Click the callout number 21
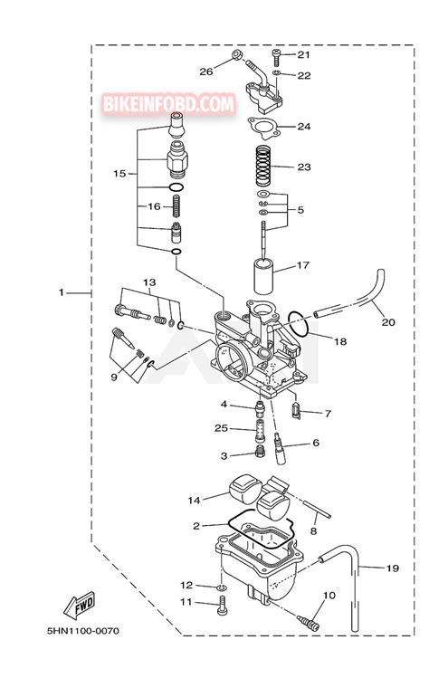303,54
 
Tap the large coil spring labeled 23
266,166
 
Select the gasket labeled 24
263,128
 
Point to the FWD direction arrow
79,604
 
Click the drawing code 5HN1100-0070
82,631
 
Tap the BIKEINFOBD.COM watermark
169,104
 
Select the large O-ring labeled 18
299,324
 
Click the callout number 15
119,174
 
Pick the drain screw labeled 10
309,621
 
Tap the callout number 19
392,568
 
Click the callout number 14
195,500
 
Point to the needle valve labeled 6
281,449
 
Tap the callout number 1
61,292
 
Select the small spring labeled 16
176,206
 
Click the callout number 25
221,428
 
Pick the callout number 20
388,321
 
